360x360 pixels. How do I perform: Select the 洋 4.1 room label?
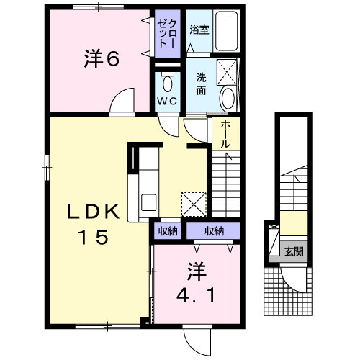[196, 283]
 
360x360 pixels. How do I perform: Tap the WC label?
[167, 102]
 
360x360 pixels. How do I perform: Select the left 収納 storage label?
[168, 231]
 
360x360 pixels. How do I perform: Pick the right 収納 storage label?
[213, 231]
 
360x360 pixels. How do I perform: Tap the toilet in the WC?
[167, 78]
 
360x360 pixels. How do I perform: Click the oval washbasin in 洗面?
[228, 98]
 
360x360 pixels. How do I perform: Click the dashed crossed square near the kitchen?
[193, 204]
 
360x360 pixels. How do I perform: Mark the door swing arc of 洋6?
[124, 101]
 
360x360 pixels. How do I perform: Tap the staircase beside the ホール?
[226, 184]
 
